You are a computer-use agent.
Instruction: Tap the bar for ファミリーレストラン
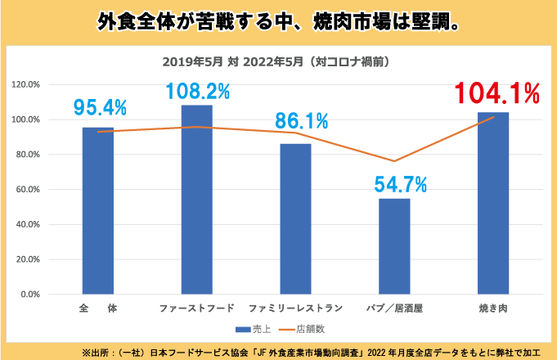295,218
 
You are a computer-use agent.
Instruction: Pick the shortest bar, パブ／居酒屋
394,245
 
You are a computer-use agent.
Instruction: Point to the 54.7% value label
401,185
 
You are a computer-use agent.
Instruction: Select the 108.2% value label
198,91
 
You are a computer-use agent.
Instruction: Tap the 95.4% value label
100,107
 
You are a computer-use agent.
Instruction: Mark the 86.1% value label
301,122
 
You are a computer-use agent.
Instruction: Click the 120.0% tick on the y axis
26,84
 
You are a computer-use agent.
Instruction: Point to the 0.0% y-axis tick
29,295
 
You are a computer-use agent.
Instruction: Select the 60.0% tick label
28,190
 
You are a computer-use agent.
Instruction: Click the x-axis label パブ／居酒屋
395,308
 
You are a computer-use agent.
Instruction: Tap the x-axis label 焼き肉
493,308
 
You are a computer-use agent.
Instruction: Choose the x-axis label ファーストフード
197,308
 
